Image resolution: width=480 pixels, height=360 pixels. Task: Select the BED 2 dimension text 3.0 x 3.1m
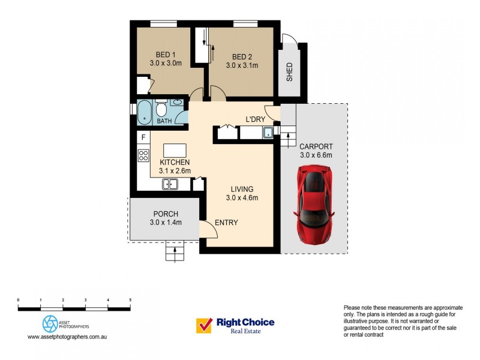[242, 65]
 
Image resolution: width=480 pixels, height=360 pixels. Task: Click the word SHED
[290, 72]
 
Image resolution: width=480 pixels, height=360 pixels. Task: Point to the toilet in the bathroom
[161, 110]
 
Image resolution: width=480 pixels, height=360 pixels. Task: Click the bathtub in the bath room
[144, 112]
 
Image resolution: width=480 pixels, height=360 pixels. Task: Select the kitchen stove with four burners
[143, 156]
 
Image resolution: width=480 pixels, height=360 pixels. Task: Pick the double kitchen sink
[170, 184]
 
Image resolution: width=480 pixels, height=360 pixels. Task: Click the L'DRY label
[255, 119]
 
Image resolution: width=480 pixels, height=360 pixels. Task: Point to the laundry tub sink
[268, 133]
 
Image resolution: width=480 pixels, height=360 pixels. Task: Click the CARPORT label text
[316, 146]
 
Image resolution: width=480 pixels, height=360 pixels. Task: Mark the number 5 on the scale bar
[130, 299]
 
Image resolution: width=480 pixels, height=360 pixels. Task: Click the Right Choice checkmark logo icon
[204, 325]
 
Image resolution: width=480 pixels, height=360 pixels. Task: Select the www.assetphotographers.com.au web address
[67, 337]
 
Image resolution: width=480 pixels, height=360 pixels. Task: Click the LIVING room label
[241, 188]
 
